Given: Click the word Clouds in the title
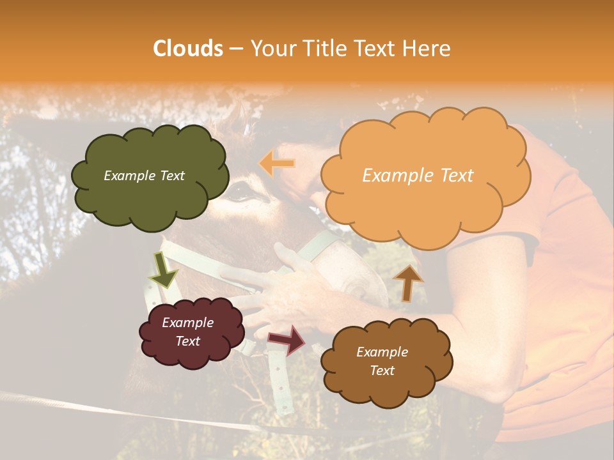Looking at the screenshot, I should [188, 49].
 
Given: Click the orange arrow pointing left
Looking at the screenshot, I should [277, 164].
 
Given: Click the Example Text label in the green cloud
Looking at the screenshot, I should [144, 176].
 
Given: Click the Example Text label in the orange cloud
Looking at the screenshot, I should [418, 176].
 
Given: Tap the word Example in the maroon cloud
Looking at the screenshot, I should [187, 323].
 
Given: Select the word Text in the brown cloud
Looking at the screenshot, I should [382, 371].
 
